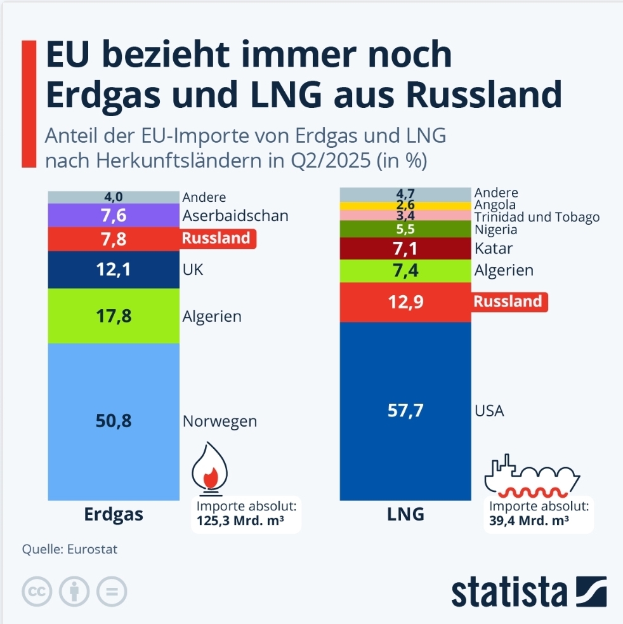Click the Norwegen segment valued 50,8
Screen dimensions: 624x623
tap(114, 420)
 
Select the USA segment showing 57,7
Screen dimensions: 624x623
tap(405, 410)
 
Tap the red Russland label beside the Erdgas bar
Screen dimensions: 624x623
tap(218, 239)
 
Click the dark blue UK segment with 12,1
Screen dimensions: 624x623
tap(114, 270)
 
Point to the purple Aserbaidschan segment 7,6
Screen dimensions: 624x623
tap(114, 216)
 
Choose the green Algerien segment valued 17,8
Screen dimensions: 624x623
tap(114, 315)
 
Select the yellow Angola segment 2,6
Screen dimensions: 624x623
tap(405, 205)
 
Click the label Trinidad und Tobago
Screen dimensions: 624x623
tap(537, 218)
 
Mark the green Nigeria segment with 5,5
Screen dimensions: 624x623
tap(405, 229)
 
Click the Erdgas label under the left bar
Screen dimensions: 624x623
tap(114, 514)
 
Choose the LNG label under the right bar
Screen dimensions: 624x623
tap(405, 514)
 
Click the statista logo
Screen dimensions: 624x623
tap(528, 592)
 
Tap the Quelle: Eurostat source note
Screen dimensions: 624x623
tap(70, 550)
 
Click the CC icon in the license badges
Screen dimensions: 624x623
tap(37, 592)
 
